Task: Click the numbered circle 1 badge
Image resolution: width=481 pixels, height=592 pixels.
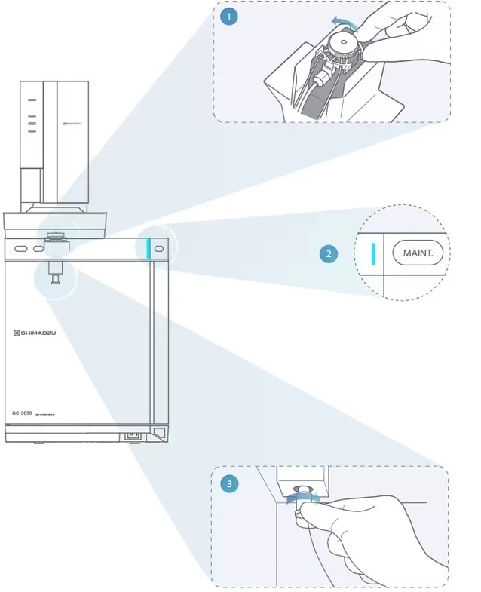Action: click(x=228, y=16)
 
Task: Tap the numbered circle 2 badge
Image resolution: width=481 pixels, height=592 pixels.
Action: click(x=328, y=254)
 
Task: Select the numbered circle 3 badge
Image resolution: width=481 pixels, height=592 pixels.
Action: click(x=230, y=483)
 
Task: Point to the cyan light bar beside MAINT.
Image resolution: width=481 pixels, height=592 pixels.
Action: click(x=373, y=253)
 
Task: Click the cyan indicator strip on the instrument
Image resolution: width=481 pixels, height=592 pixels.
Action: click(x=149, y=247)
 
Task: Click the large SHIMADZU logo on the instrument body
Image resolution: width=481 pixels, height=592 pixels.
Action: click(x=34, y=333)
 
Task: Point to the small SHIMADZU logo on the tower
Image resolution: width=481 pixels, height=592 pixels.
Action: click(x=73, y=120)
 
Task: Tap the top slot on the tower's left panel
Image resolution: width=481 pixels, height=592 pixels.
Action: click(x=32, y=99)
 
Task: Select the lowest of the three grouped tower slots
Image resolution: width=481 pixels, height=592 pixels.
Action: click(x=32, y=131)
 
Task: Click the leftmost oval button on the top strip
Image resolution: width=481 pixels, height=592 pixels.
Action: click(x=21, y=248)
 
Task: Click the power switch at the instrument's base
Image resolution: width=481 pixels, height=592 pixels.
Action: click(x=133, y=434)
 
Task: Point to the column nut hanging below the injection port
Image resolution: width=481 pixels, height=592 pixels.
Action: click(x=55, y=278)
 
